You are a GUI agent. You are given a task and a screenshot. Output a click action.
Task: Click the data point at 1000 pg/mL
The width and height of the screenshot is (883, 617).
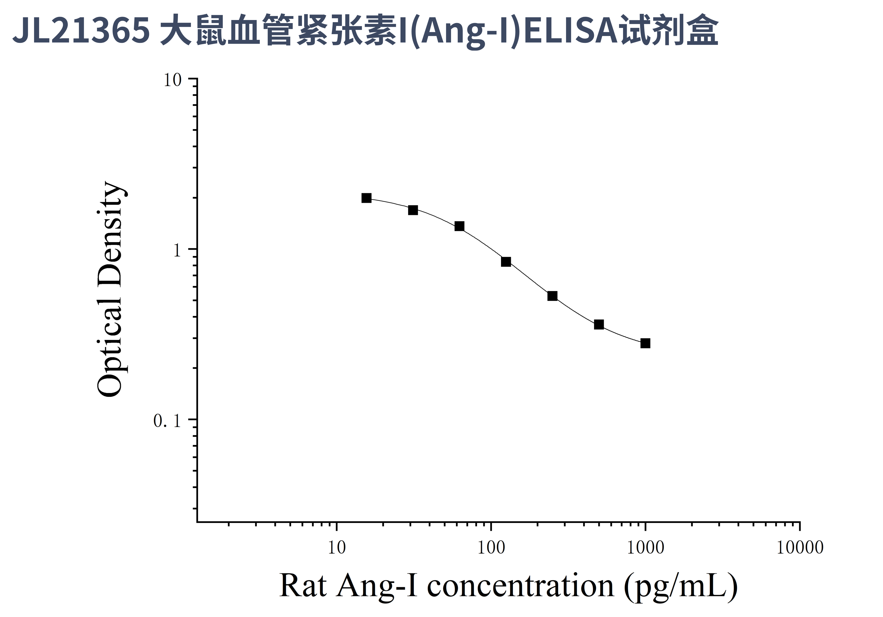tap(645, 343)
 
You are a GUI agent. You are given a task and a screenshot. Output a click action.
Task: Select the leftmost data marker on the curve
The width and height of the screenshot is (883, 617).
tap(367, 198)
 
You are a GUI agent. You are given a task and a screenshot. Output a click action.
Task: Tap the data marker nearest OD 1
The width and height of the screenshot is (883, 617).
tap(506, 262)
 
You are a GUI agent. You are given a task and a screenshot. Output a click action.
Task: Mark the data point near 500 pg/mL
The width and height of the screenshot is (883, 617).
tap(599, 325)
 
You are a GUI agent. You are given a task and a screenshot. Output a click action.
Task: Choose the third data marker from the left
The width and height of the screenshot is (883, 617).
tap(459, 226)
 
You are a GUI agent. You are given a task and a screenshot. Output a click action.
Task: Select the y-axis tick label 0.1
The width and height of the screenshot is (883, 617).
tap(167, 421)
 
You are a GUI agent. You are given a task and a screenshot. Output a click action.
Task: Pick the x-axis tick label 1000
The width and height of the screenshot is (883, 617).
tap(645, 548)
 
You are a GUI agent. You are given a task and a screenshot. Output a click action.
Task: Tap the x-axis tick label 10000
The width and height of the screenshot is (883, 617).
tap(800, 548)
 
